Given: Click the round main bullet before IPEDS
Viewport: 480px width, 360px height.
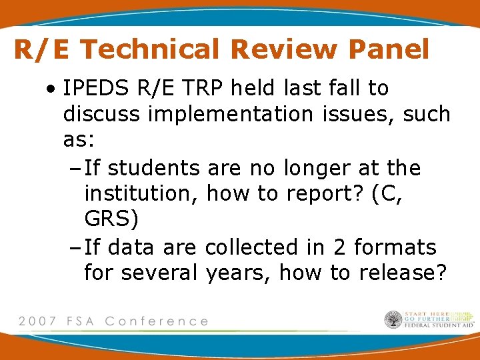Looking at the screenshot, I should [x=51, y=89].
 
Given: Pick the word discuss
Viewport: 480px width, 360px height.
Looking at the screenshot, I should [x=101, y=114].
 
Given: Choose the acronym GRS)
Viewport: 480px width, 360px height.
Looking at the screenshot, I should [x=111, y=221].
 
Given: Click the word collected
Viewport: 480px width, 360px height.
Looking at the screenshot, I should [x=253, y=247].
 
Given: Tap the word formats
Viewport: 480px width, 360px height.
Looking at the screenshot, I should [x=395, y=247].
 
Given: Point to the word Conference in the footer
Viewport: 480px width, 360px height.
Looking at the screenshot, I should [x=157, y=321].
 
